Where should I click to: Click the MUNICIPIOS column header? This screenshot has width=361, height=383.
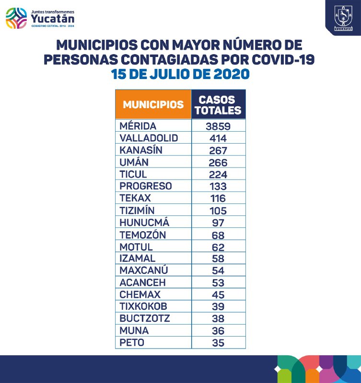(153, 104)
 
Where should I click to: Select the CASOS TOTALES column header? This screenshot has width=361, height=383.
(219, 105)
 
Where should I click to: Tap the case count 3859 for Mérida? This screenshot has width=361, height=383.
(219, 126)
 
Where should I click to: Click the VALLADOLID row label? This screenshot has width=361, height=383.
(149, 138)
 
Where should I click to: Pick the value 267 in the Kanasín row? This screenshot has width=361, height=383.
(219, 150)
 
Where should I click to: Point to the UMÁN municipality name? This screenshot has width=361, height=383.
(134, 162)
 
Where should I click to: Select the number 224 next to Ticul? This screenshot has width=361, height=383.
(219, 174)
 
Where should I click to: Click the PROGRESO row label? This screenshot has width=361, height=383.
(145, 186)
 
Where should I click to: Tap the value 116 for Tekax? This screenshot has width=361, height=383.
(219, 198)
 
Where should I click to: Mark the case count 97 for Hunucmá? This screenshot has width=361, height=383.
(219, 223)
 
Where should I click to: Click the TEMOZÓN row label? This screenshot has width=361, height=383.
(142, 235)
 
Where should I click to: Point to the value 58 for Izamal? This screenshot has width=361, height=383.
(219, 259)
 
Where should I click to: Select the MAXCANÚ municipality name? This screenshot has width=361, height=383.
(142, 270)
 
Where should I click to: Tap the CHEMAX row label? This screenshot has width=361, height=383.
(140, 294)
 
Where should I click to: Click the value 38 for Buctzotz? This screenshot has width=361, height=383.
(219, 318)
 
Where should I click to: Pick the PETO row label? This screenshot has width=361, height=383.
(132, 342)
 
